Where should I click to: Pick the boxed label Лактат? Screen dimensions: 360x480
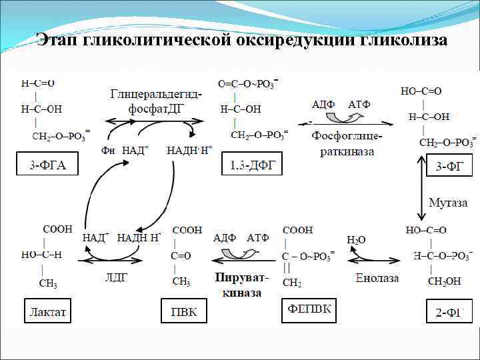click(x=49, y=311)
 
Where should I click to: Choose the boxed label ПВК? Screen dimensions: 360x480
click(x=184, y=311)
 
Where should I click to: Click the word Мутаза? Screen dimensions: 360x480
click(x=447, y=203)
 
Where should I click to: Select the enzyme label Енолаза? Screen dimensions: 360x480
click(x=377, y=278)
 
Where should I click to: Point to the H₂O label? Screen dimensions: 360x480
click(x=356, y=239)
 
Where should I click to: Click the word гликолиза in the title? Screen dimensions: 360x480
click(x=404, y=40)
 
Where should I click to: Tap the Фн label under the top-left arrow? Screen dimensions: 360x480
click(x=108, y=151)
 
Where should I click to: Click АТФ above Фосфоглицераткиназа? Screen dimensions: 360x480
click(x=359, y=105)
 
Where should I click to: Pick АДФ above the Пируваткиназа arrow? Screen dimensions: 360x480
click(x=225, y=238)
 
